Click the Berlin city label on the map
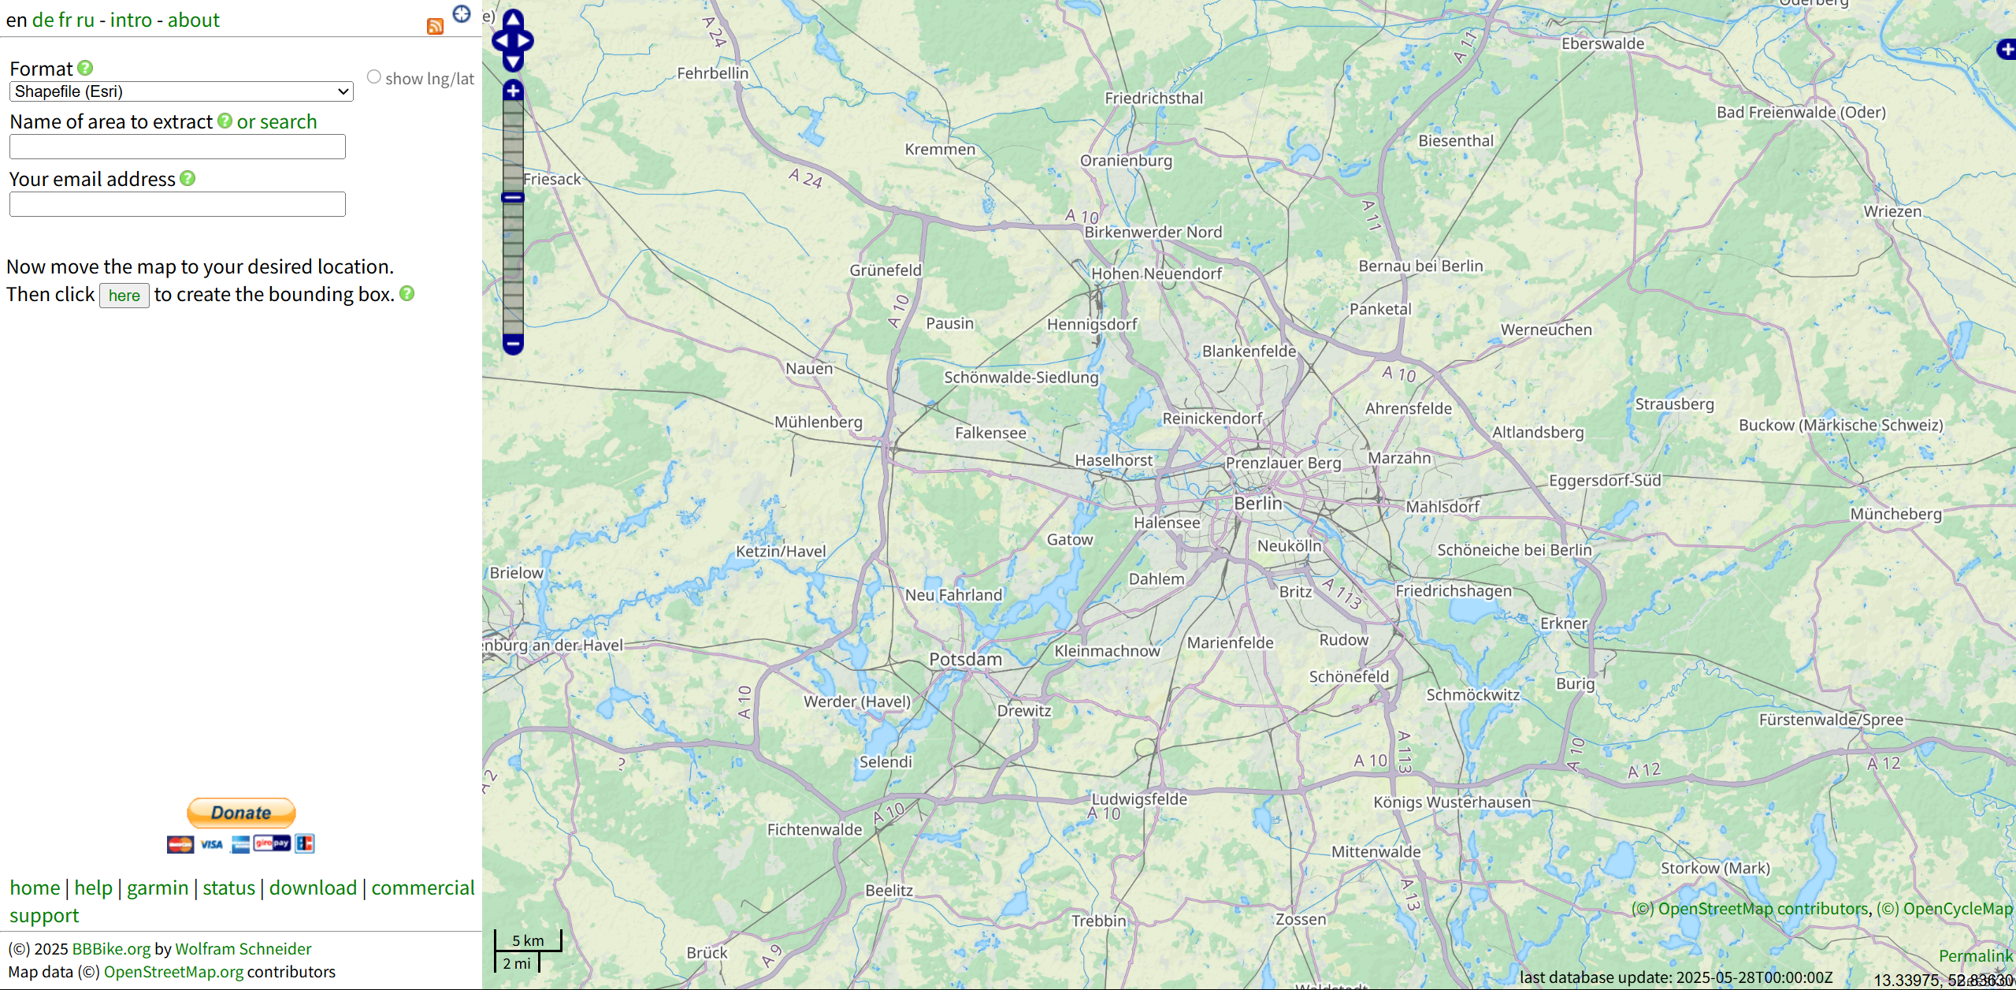[x=1257, y=504]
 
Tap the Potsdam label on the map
[x=965, y=660]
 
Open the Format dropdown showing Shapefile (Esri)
[x=181, y=91]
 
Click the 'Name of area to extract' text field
[x=177, y=147]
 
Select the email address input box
[x=177, y=205]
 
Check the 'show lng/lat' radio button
[x=374, y=77]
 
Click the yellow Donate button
[x=241, y=813]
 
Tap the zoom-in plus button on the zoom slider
[x=513, y=91]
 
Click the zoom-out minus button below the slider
[x=513, y=344]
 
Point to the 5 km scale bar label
[x=528, y=940]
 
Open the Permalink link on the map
[x=1975, y=956]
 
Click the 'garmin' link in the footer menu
[x=158, y=888]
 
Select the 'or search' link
[x=277, y=122]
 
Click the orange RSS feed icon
[x=435, y=27]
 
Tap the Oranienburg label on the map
[x=1126, y=161]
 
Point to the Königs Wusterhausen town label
[x=1451, y=802]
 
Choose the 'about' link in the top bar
[x=193, y=20]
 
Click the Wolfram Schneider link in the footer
[x=243, y=949]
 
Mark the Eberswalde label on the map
[x=1602, y=44]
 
